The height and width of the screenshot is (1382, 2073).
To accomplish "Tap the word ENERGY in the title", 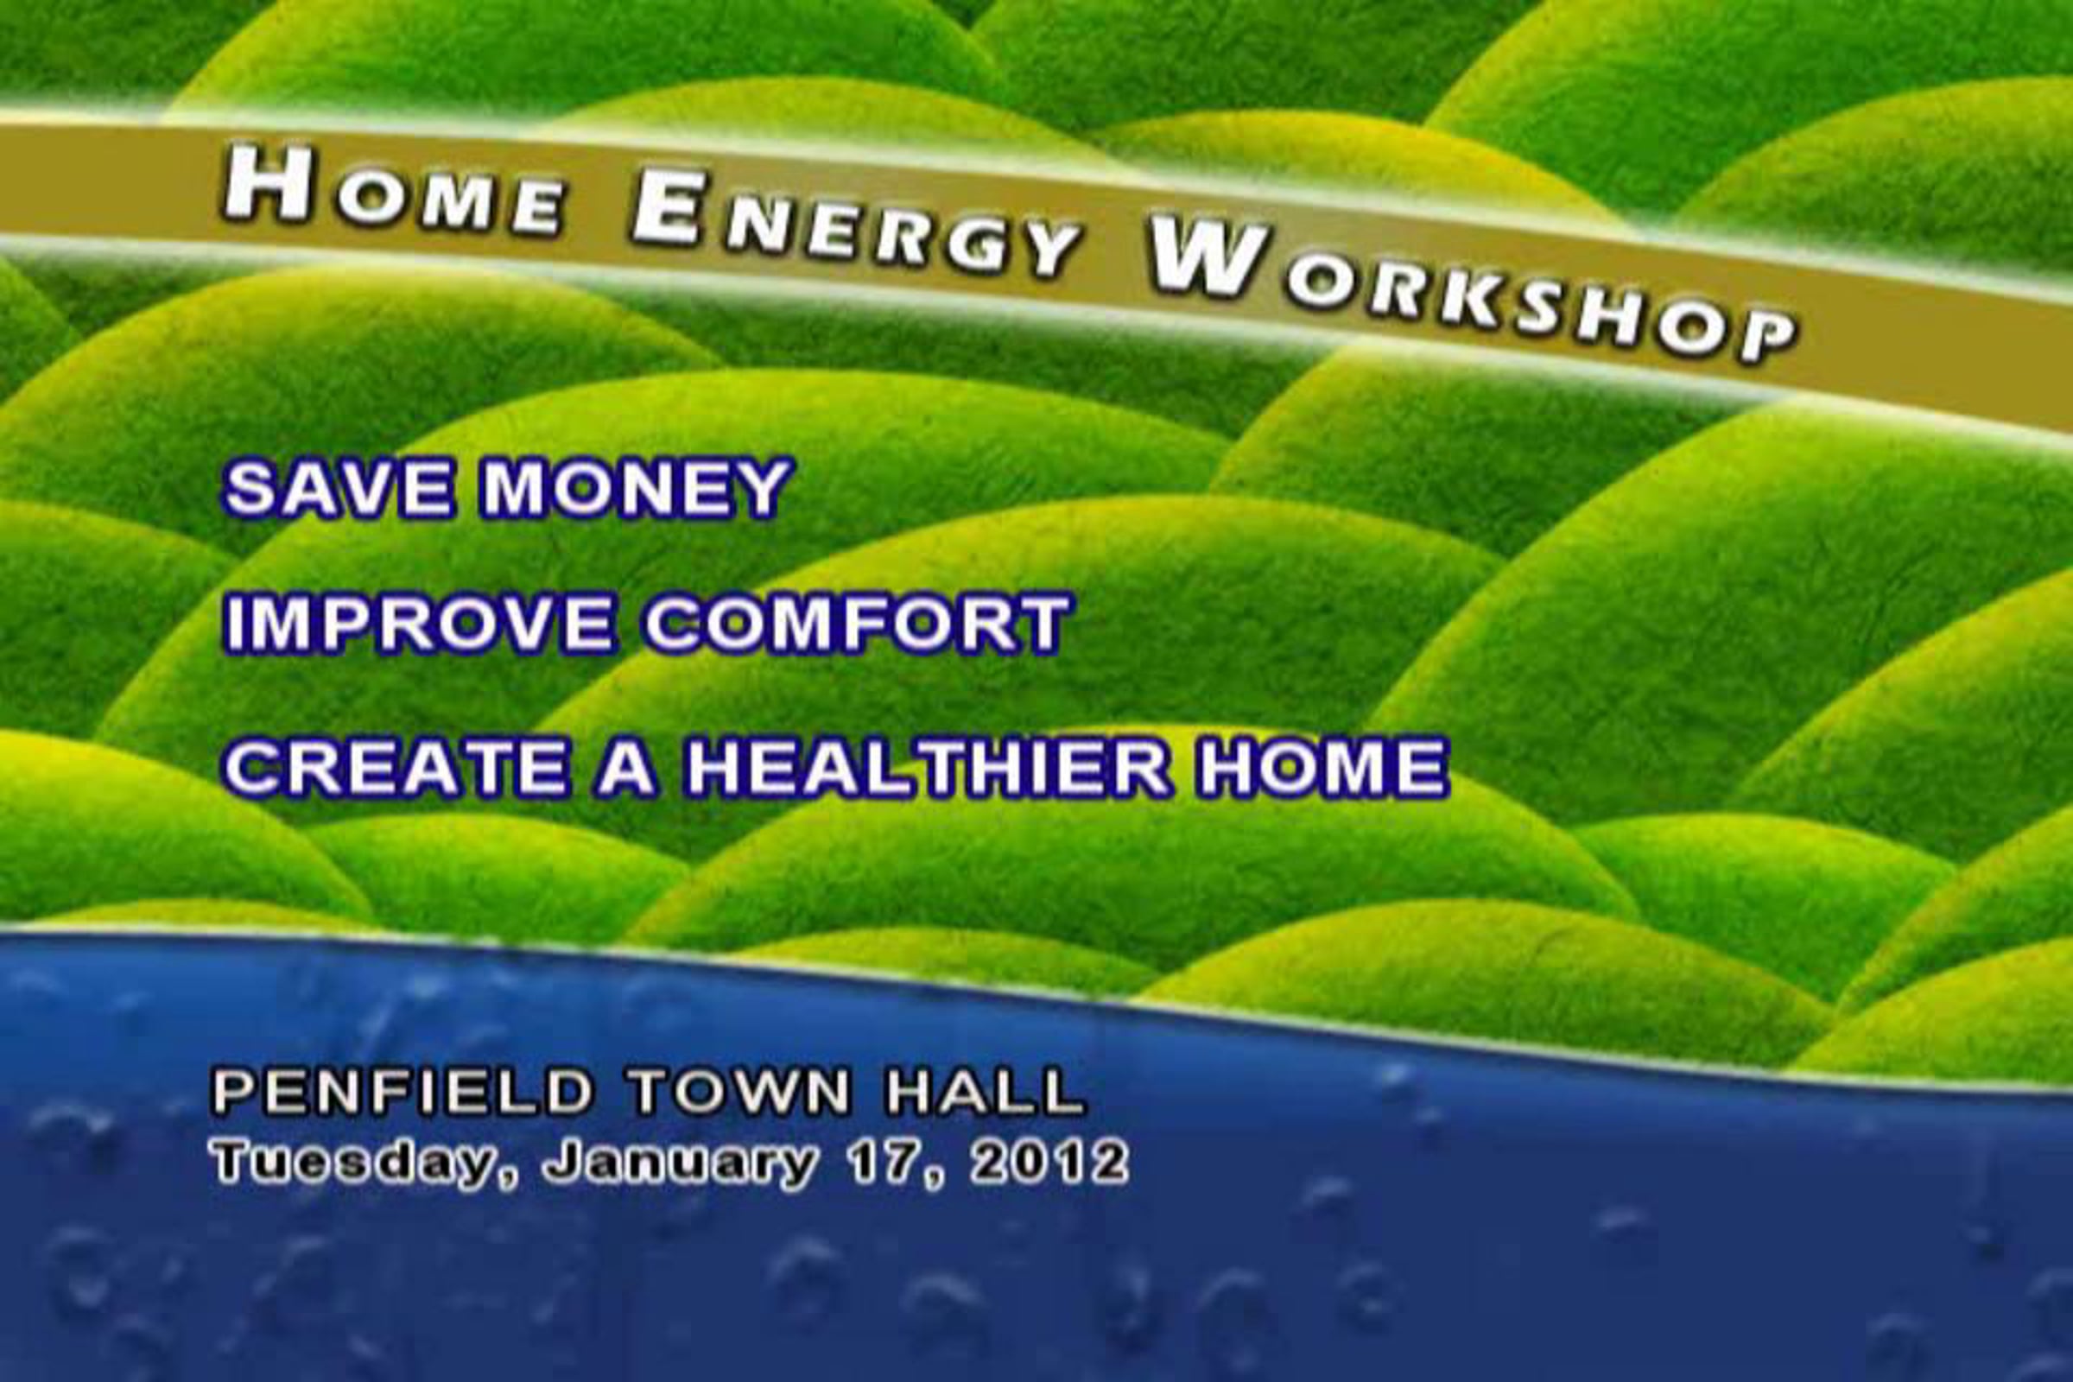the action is pyautogui.click(x=855, y=225).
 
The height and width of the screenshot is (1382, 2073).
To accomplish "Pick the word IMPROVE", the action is pyautogui.click(x=420, y=624).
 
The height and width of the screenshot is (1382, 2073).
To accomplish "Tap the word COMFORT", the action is pyautogui.click(x=858, y=624).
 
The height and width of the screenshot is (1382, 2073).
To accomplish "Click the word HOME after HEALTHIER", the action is pyautogui.click(x=1322, y=768).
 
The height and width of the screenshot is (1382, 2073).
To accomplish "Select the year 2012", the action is pyautogui.click(x=1049, y=1162).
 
